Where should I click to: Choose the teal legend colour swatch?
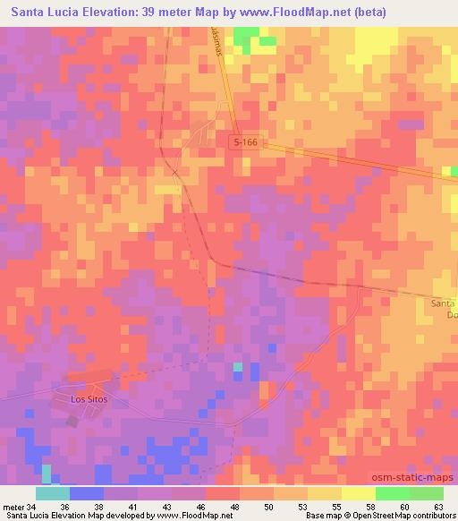pos(53,492)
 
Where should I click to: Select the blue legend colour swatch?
pos(87,492)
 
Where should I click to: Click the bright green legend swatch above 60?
pos(392,492)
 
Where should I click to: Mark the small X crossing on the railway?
pos(175,172)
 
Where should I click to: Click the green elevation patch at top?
pos(246,37)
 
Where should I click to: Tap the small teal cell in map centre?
pos(237,367)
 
